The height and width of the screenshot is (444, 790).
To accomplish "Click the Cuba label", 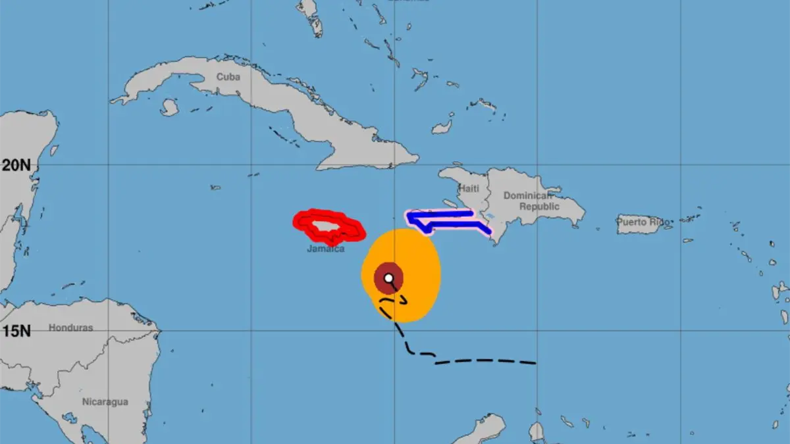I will [228, 77].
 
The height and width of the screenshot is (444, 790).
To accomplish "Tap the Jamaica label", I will [325, 249].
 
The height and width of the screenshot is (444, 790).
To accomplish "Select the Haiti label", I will [469, 188].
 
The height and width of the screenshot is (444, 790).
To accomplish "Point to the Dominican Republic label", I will [531, 201].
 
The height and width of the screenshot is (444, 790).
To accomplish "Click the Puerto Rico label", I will [643, 222].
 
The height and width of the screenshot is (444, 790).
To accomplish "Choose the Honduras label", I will [71, 328].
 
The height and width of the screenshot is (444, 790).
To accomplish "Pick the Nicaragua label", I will [105, 401].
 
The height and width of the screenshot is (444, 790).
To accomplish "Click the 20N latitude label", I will [16, 165].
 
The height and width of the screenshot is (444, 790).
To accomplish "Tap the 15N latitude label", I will [16, 330].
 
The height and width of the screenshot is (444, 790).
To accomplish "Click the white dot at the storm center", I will [389, 278].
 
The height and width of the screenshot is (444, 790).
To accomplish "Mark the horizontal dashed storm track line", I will [487, 360].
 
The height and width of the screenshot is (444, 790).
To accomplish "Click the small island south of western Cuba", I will [169, 107].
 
